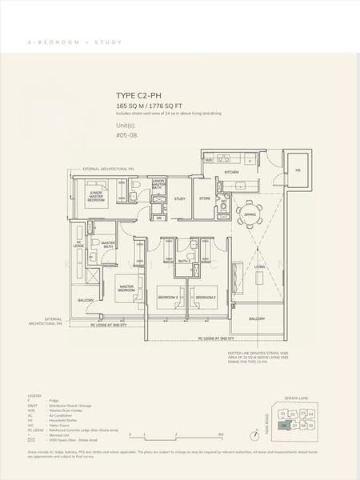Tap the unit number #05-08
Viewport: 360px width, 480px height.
point(127,135)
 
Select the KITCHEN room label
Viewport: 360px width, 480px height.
point(231,172)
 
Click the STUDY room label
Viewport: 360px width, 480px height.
point(180,198)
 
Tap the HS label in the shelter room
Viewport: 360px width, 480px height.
point(298,170)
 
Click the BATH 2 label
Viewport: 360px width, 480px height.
point(184,261)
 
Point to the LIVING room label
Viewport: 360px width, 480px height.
point(259,266)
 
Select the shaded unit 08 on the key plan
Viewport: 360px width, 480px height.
point(282,425)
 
